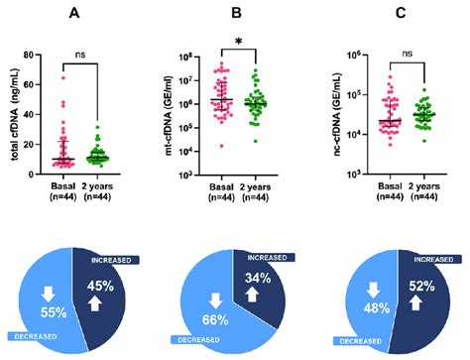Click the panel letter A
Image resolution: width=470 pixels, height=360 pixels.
[75, 13]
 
